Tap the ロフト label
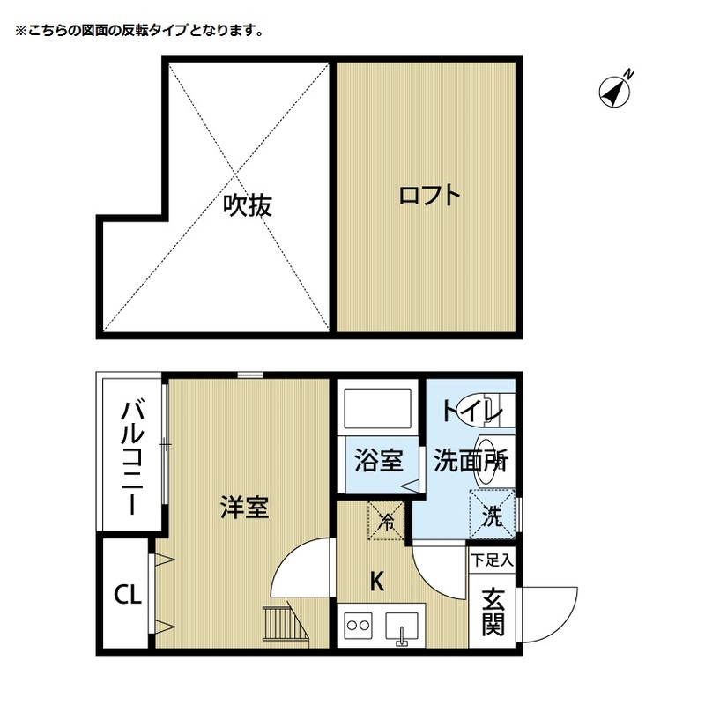[429, 195]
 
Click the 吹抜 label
[247, 205]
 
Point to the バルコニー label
[132, 456]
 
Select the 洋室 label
[244, 508]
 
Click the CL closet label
[127, 595]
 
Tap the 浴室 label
[379, 461]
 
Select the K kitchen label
[376, 582]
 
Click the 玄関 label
[493, 611]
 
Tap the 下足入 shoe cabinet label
[492, 559]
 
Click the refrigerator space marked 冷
[385, 520]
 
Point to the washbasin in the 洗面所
[486, 459]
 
